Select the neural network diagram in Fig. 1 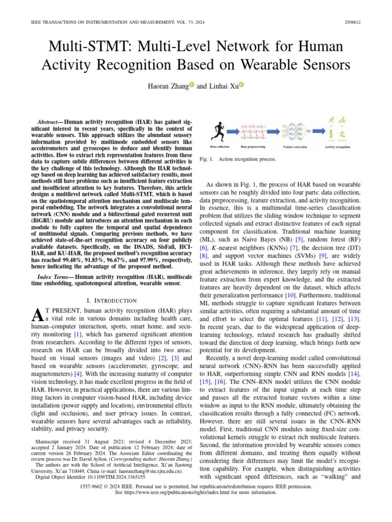(x=296, y=131)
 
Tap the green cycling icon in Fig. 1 (x=342, y=121)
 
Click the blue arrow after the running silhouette (x=232, y=132)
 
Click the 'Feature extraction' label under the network (x=295, y=147)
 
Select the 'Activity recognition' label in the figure (x=337, y=147)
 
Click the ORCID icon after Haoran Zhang (x=192, y=86)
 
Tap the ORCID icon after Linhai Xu (x=241, y=86)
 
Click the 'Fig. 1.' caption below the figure (x=208, y=159)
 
